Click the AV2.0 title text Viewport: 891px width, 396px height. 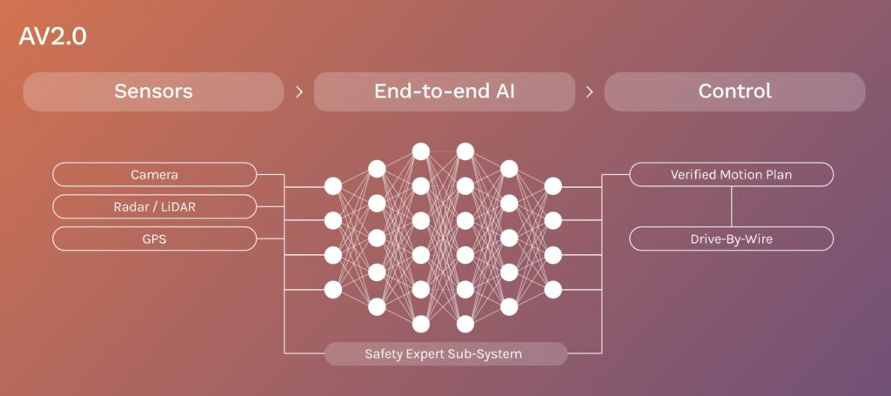pos(52,37)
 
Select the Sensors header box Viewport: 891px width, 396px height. pos(153,91)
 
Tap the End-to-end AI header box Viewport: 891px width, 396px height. pos(445,91)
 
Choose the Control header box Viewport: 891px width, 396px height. pos(734,91)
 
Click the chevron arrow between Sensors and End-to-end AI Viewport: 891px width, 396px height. pos(299,92)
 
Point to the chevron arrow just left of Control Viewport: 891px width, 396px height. pos(589,92)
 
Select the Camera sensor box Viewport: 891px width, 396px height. pos(155,174)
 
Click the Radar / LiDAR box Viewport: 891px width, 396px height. pos(155,207)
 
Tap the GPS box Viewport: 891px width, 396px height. pos(155,238)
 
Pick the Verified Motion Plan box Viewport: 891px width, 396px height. pos(731,174)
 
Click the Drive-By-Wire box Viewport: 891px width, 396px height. pos(731,238)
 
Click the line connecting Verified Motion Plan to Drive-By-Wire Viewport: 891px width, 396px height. pos(731,206)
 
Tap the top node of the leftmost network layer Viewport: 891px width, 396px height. pos(333,185)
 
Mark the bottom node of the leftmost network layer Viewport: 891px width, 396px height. pos(333,290)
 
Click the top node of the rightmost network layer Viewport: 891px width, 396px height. pos(553,185)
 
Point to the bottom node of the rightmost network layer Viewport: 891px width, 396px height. pos(553,290)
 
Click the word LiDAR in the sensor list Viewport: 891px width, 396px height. pos(178,207)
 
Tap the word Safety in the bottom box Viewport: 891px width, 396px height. pos(384,354)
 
